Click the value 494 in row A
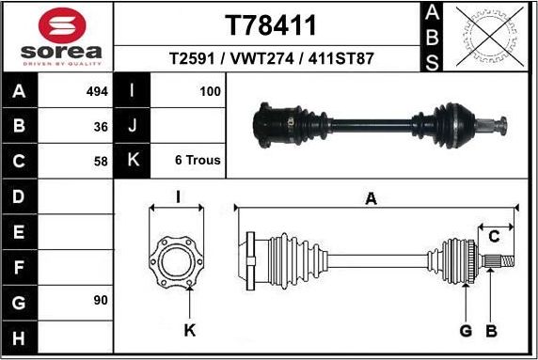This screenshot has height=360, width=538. (x=98, y=92)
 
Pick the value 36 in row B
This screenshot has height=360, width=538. (x=102, y=126)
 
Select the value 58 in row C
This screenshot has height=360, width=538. (x=102, y=160)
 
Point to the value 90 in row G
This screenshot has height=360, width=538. (x=102, y=301)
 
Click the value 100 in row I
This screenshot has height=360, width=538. (x=210, y=92)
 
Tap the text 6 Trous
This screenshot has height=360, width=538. (x=198, y=160)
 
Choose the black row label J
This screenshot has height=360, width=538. (x=132, y=126)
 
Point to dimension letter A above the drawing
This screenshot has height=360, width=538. (x=371, y=198)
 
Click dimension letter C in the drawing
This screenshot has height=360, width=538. (x=493, y=236)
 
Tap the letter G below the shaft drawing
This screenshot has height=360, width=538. (x=466, y=331)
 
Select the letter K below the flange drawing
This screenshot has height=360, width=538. (x=189, y=331)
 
